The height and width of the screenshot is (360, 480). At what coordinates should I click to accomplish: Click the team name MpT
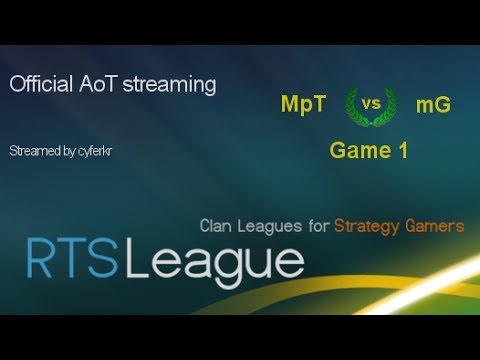(303, 103)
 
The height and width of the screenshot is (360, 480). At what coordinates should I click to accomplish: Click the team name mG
(433, 103)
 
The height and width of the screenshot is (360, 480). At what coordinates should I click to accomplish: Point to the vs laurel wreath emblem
(370, 104)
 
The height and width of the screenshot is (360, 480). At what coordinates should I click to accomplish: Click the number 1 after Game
(404, 151)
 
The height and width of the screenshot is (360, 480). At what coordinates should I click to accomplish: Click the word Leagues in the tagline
(272, 226)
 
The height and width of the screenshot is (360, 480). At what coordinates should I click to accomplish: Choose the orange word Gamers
(437, 226)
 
